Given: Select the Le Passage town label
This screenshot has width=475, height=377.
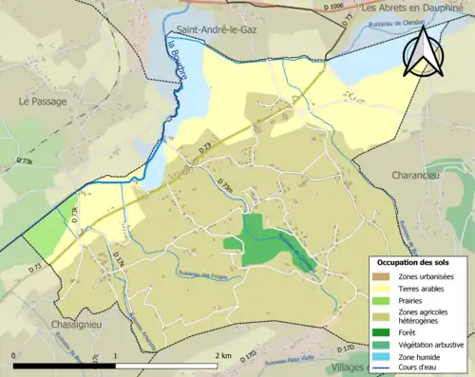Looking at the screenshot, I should [x=40, y=100].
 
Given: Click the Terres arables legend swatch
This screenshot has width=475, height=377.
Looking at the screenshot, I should [x=380, y=289].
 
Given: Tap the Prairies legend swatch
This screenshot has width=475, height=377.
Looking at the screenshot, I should [x=380, y=301].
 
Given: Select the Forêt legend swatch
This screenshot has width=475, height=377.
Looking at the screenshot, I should [x=380, y=331].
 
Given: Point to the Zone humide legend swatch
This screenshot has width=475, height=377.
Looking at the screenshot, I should [x=380, y=356].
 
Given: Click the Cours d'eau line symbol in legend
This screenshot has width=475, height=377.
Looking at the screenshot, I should [x=380, y=368].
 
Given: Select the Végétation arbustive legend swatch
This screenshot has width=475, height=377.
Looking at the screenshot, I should [x=380, y=344].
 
